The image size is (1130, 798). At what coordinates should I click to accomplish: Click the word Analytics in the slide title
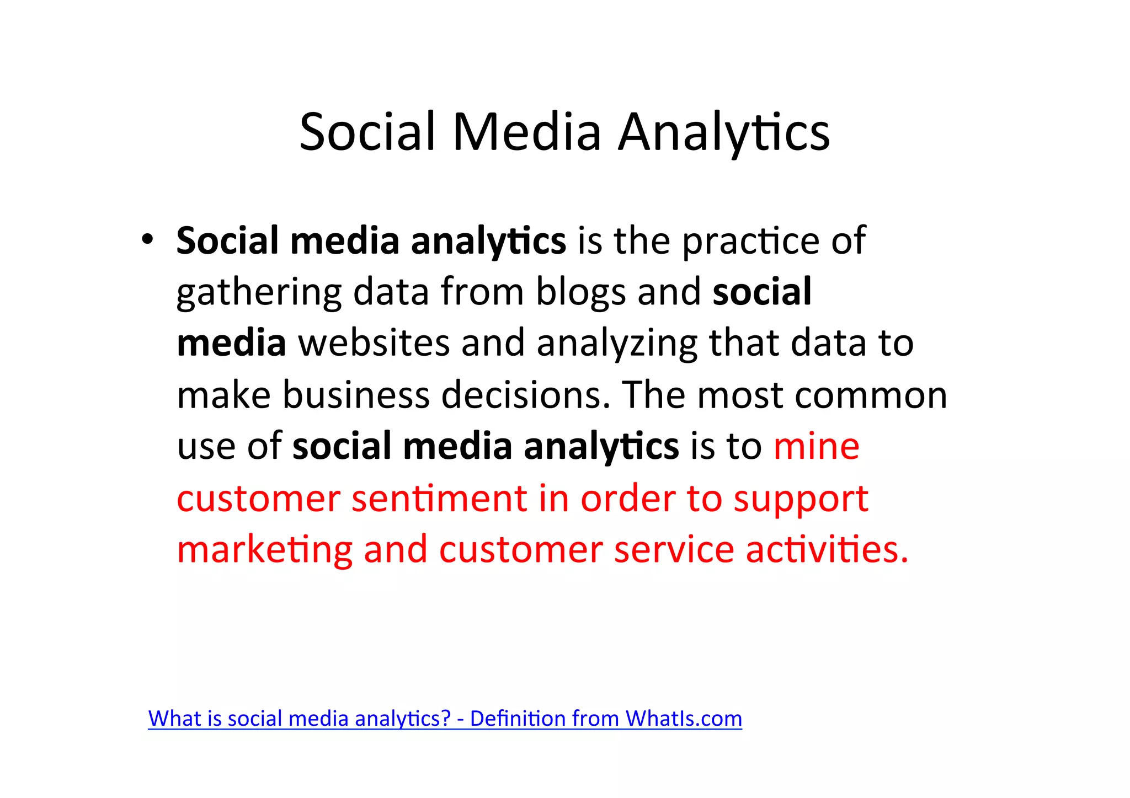723,132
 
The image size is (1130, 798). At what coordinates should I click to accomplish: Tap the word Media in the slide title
526,132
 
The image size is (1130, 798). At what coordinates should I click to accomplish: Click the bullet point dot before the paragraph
147,240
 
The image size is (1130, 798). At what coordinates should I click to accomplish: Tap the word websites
374,343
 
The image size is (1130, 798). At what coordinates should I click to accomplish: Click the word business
356,395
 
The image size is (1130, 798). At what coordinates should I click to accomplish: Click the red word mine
816,446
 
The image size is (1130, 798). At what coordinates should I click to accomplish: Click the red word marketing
264,550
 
